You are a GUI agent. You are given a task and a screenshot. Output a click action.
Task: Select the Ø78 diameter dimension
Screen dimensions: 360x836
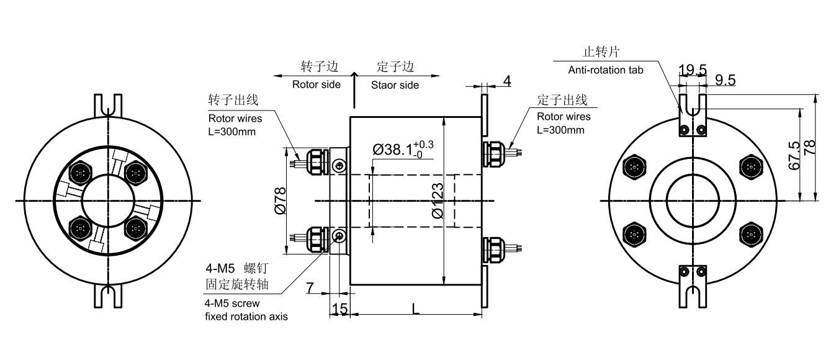click(280, 201)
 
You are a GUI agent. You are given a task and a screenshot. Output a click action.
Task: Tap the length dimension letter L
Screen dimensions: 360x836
click(415, 308)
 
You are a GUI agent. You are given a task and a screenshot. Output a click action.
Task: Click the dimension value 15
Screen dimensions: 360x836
click(339, 308)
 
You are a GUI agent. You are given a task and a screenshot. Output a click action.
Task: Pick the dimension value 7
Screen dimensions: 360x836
click(310, 287)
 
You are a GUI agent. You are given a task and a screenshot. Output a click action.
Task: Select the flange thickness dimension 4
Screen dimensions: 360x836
click(506, 81)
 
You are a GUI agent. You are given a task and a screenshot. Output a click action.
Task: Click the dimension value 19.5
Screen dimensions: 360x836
click(692, 70)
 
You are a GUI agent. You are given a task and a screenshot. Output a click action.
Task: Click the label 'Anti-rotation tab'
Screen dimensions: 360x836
click(606, 70)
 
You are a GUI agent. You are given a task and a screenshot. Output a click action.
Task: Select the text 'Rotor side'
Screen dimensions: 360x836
click(317, 84)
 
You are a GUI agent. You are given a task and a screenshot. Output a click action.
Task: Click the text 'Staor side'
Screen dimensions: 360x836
click(395, 84)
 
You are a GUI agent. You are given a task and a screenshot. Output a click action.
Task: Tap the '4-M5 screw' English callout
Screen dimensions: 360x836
click(232, 304)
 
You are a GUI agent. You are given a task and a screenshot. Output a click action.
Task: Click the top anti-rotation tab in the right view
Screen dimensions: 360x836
click(693, 115)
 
